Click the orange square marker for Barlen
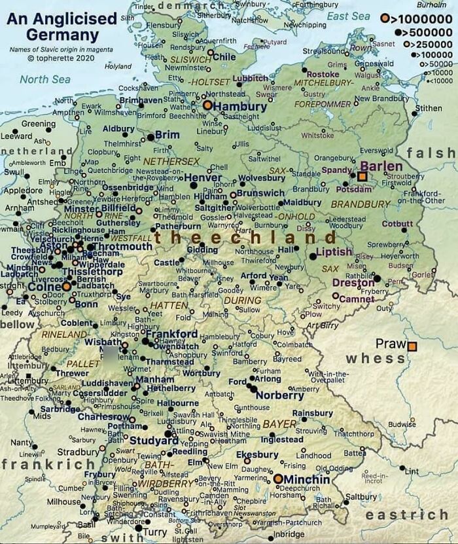coord(362,176)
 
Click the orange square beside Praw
coord(412,346)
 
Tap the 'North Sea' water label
coord(44,79)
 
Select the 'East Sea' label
coord(348,16)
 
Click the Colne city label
coord(44,286)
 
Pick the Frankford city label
coord(171,334)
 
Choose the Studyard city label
coord(154,441)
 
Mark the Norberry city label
coord(279,395)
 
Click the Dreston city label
coord(353,283)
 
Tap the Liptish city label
coord(334,252)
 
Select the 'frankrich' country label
coord(47,464)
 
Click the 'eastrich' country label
coord(406,515)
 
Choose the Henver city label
coord(203,177)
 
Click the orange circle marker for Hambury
coord(207,105)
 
